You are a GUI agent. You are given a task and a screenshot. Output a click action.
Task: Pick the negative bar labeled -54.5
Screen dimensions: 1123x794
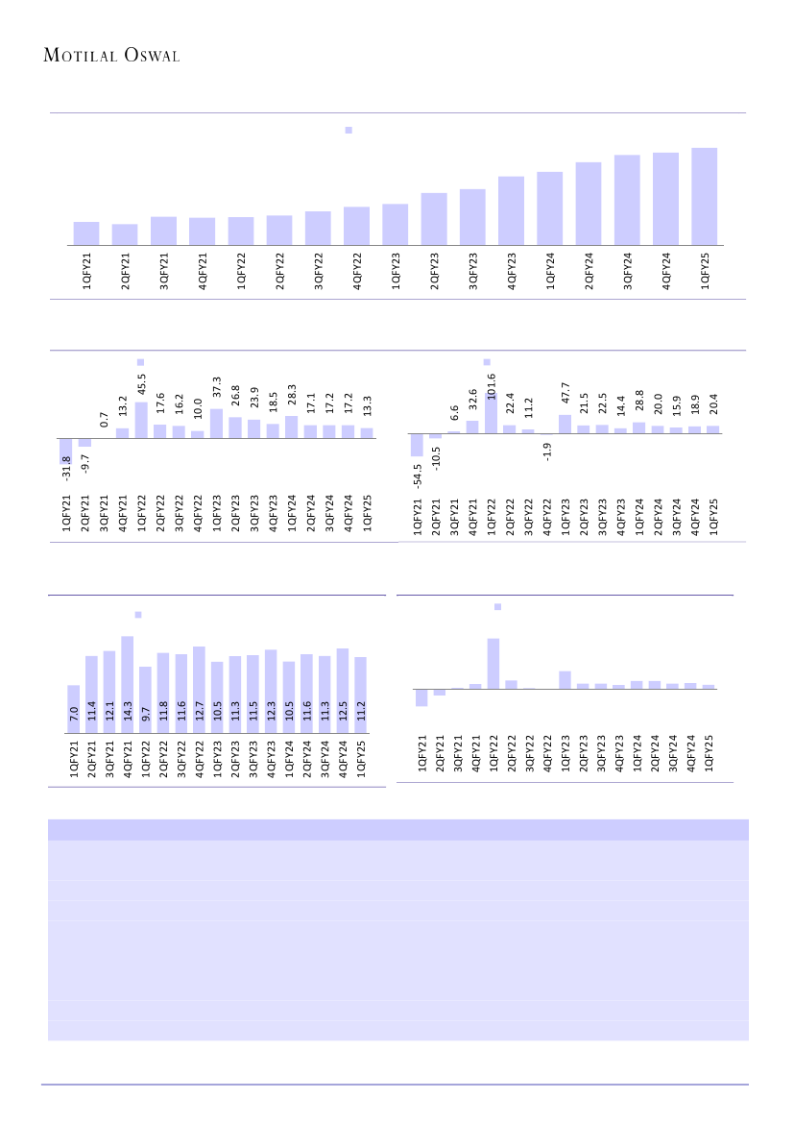click(418, 447)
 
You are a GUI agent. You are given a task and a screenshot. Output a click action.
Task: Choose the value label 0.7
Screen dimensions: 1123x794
click(104, 419)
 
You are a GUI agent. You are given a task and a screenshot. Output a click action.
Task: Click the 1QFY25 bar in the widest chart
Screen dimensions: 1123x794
click(705, 196)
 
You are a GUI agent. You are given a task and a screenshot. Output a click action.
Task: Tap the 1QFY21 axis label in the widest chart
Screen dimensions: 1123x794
click(86, 271)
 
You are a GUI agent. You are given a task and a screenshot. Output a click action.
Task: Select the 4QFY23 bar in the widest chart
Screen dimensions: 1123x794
click(511, 210)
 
